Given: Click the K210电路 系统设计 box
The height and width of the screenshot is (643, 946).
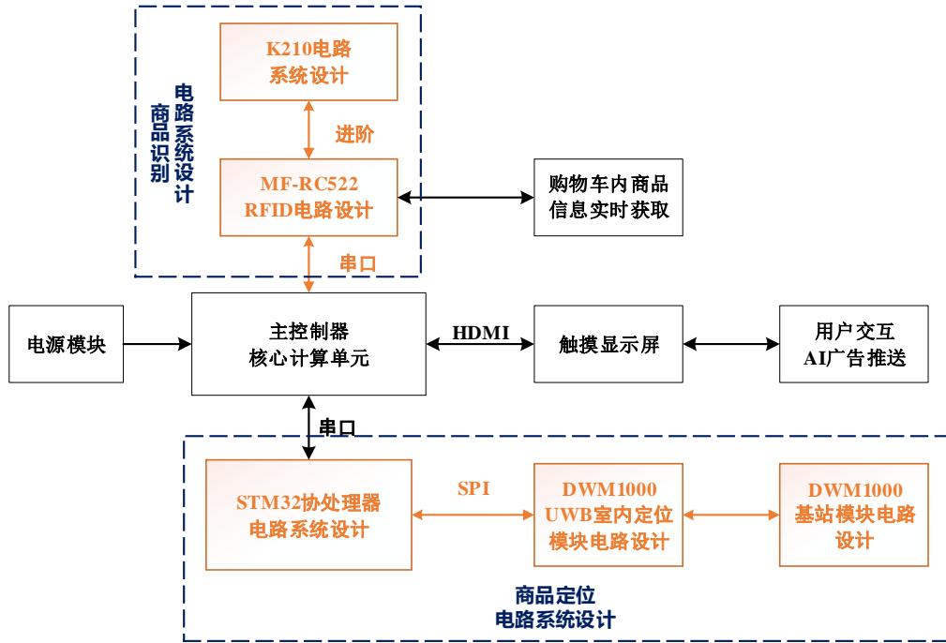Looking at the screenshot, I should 308,61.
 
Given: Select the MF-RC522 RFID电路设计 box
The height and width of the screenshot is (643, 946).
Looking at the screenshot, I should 308,197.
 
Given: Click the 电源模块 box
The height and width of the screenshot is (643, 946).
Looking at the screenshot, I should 65,344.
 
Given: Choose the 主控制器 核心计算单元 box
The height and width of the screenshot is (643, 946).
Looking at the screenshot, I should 309,344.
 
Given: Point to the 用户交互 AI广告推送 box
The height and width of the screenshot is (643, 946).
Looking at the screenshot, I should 853,344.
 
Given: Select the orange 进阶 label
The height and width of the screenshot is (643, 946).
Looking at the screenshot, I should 354,134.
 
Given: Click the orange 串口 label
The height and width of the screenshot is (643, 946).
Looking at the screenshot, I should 356,263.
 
